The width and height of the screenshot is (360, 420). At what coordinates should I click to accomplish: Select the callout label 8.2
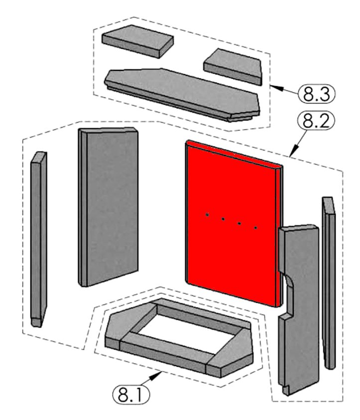click(315, 120)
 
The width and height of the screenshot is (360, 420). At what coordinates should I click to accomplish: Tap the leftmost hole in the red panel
click(208, 215)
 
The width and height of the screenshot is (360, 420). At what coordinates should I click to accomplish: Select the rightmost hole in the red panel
click(255, 228)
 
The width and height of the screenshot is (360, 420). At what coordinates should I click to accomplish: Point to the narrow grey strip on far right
click(329, 279)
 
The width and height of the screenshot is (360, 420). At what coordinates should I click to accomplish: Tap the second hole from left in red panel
click(224, 219)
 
